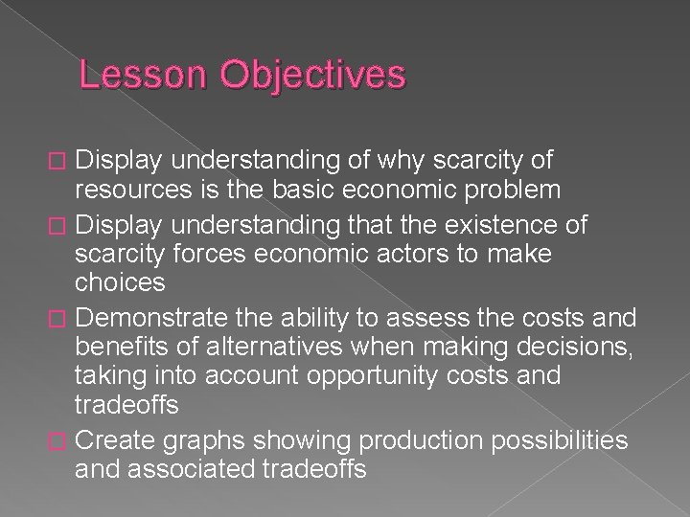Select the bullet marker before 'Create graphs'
pyautogui.click(x=58, y=440)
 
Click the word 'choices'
pyautogui.click(x=120, y=283)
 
